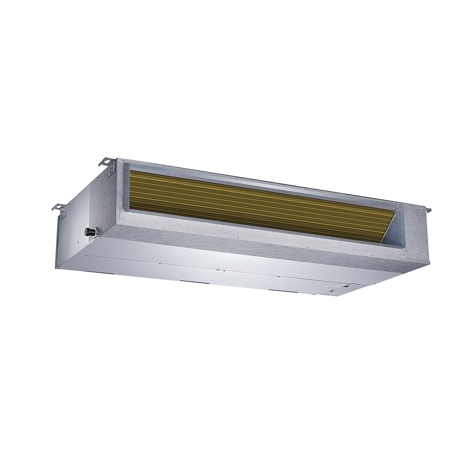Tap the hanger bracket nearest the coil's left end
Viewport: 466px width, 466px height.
click(109, 164)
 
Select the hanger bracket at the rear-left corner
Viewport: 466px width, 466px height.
click(59, 209)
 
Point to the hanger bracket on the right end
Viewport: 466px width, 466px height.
click(426, 210)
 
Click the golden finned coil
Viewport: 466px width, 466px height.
click(256, 205)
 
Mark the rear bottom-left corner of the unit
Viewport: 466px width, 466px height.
click(57, 268)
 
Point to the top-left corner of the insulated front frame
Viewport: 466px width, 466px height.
click(118, 159)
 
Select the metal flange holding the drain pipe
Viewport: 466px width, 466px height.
click(95, 231)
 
